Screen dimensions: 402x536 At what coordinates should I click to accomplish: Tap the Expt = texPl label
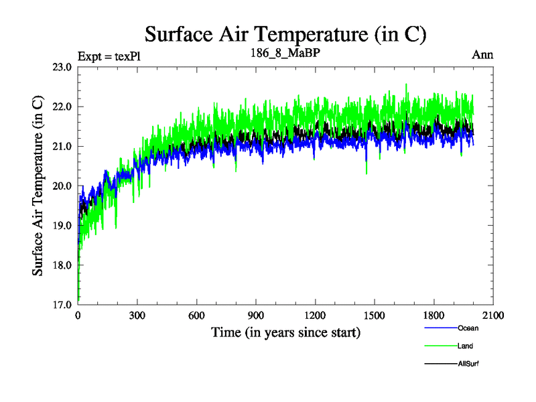pos(109,56)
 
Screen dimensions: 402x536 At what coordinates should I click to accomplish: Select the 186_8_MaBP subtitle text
pos(285,54)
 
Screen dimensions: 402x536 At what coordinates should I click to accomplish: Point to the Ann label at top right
pos(482,55)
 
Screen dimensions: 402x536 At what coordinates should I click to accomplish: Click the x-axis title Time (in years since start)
pos(285,332)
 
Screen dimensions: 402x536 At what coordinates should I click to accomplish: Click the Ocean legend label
pos(468,328)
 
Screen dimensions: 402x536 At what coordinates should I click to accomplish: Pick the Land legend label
pos(465,346)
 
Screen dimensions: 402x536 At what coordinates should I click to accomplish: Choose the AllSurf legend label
pos(468,364)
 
